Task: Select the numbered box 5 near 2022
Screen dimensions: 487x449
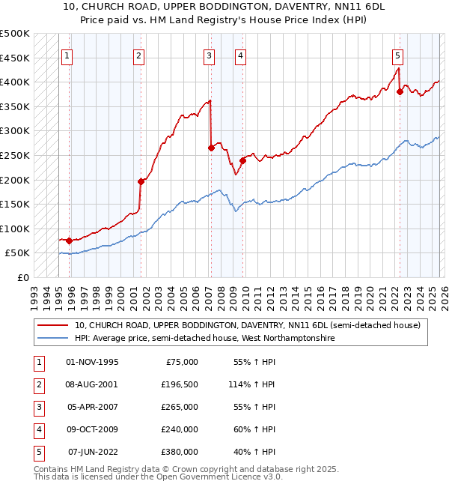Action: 397,55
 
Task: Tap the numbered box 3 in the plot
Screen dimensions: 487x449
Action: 209,55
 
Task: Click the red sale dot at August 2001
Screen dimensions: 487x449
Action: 141,181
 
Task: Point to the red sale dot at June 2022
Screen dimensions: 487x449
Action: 400,91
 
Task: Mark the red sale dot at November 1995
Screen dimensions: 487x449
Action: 69,241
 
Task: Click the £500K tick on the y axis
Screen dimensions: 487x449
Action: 15,34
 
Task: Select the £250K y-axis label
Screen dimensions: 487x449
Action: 15,155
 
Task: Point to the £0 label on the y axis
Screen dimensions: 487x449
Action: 22,277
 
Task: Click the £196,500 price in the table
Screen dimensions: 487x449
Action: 180,384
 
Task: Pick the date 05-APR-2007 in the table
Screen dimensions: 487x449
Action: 93,407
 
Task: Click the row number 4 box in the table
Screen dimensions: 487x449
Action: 37,429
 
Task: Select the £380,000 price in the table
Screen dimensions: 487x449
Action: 180,452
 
